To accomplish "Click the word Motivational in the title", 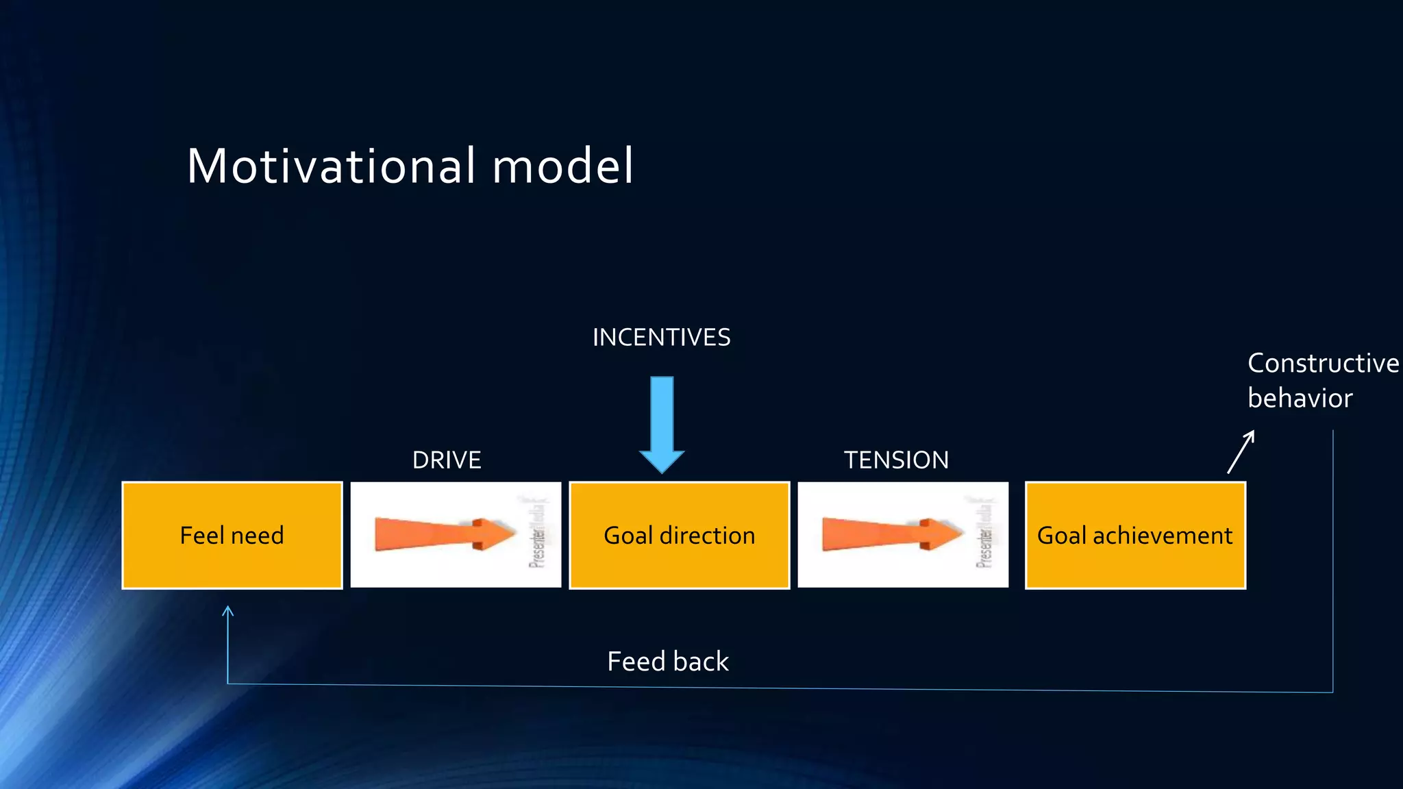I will [332, 166].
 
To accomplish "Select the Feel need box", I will [232, 535].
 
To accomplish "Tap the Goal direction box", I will [679, 535].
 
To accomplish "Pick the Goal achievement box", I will [1135, 535].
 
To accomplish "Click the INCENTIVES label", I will [661, 338].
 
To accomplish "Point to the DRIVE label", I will [447, 460].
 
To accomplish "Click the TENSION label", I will [896, 460].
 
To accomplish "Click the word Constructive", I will [1323, 363].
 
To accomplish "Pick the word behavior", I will [1300, 399].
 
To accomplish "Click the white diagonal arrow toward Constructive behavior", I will [1241, 452].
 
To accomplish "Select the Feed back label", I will [668, 662].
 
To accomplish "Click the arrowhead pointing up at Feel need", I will [228, 610].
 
